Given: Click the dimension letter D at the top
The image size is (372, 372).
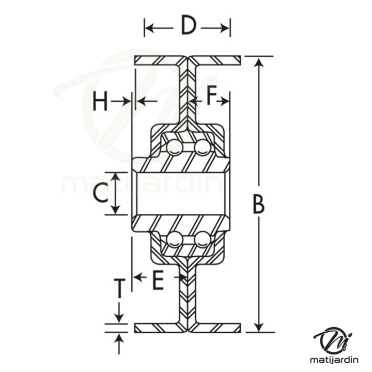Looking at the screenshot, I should (x=188, y=26).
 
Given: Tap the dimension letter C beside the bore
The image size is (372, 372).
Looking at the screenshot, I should (x=100, y=194).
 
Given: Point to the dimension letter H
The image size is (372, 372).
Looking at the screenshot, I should (x=101, y=101).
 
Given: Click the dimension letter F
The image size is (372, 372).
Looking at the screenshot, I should (x=211, y=97).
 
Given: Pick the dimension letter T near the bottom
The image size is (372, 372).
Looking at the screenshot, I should (x=119, y=288).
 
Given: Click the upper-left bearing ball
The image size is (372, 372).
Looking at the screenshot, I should (x=174, y=147).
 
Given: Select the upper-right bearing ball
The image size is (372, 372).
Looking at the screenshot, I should (x=202, y=147).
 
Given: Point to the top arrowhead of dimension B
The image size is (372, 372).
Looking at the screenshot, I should (x=259, y=61).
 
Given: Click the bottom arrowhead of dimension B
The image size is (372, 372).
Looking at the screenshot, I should (x=259, y=327).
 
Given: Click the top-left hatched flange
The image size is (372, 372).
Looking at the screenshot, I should (x=158, y=60).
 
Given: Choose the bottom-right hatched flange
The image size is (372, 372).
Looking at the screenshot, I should (x=217, y=328).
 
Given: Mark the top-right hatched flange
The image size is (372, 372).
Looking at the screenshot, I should (x=217, y=60).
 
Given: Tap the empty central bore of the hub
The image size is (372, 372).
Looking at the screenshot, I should (x=181, y=194).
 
